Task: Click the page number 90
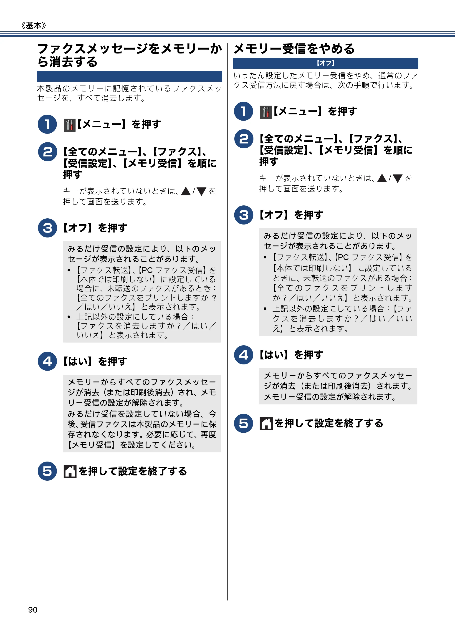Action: pyautogui.click(x=33, y=610)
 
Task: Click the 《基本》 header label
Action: pyautogui.click(x=34, y=25)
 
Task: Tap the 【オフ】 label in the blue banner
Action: pyautogui.click(x=325, y=63)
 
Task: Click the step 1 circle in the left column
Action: pyautogui.click(x=47, y=124)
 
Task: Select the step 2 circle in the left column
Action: pyautogui.click(x=47, y=152)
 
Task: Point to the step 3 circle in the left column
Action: pyautogui.click(x=47, y=228)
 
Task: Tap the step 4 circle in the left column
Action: pyautogui.click(x=47, y=361)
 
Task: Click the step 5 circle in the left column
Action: pyautogui.click(x=47, y=471)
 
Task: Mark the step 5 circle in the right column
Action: pyautogui.click(x=243, y=423)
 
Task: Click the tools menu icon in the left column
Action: pyautogui.click(x=70, y=125)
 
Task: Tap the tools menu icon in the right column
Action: pyautogui.click(x=266, y=112)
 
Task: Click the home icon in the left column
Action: pyautogui.click(x=70, y=471)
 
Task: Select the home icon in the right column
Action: pyautogui.click(x=266, y=424)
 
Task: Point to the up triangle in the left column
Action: pyautogui.click(x=186, y=191)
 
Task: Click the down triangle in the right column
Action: pyautogui.click(x=397, y=178)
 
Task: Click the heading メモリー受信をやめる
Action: pyautogui.click(x=294, y=49)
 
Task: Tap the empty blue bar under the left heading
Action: pyautogui.click(x=129, y=76)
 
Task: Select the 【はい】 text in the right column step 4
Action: pyautogui.click(x=273, y=355)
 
